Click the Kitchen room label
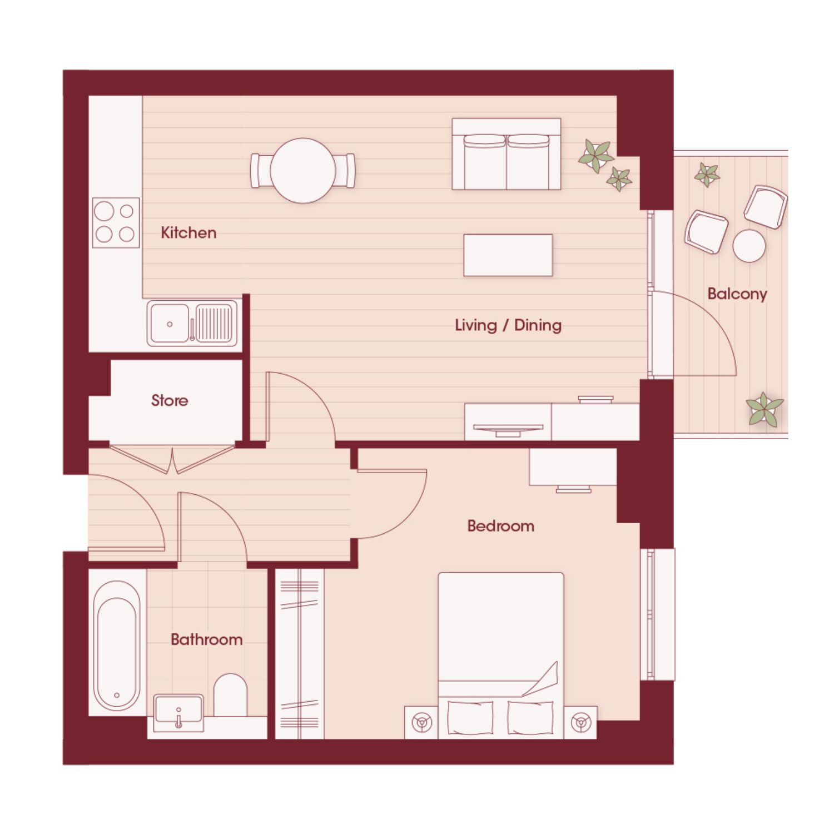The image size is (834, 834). pos(188,232)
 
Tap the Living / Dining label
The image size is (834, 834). pos(508,325)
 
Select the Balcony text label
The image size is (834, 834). pos(737,294)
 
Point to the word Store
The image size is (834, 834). pos(170,400)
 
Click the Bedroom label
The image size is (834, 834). pos(500,526)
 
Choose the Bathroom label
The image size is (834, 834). pos(206,639)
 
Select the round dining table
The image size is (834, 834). pos(303,171)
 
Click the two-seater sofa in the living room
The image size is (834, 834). pos(507,154)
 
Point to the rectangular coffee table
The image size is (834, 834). pos(508,255)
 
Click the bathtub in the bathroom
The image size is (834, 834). pos(117,646)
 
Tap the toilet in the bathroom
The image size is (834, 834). pos(230,695)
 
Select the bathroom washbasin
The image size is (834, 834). pos(178,711)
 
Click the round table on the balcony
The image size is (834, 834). pos(749,245)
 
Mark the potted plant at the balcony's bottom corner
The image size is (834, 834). pos(765,409)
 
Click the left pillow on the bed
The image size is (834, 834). pos(470,717)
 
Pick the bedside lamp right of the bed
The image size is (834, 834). pos(581,723)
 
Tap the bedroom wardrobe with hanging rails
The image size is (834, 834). pos(300,654)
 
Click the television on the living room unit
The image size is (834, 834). pos(508,428)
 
